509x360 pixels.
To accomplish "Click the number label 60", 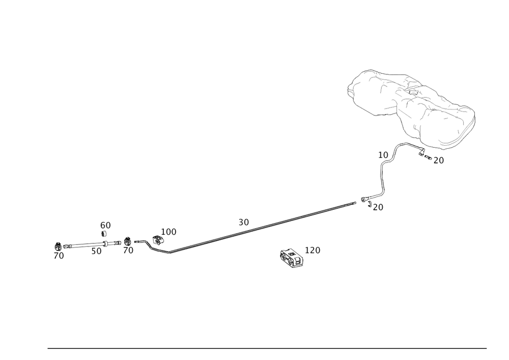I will click(105, 225).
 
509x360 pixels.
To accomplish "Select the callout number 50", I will click(97, 251).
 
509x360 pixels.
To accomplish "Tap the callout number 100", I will click(168, 232).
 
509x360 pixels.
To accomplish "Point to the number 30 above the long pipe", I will click(244, 222).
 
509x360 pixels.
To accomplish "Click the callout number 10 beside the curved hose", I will click(383, 154).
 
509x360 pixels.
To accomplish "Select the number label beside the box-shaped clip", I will click(313, 250).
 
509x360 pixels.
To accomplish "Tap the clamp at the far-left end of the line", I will click(58, 246).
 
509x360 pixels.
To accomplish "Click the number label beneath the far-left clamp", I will click(59, 256).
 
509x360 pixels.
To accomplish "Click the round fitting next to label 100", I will click(157, 238).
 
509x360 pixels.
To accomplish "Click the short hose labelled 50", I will click(87, 246).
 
